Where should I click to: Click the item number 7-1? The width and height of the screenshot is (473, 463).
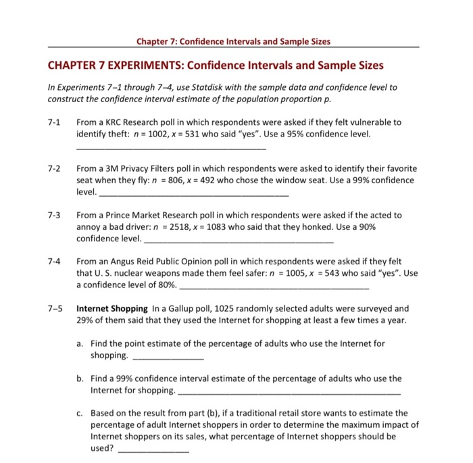click(54, 122)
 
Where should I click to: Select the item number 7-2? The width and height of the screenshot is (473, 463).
click(54, 168)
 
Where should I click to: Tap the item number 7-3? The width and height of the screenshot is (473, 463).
click(54, 215)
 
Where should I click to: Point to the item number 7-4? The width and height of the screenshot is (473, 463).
click(54, 261)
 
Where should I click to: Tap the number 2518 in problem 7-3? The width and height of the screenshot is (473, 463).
click(179, 227)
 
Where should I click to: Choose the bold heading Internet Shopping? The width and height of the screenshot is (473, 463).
click(111, 308)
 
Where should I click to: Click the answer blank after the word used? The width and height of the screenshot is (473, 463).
click(144, 449)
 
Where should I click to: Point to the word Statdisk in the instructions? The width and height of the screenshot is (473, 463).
click(191, 88)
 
